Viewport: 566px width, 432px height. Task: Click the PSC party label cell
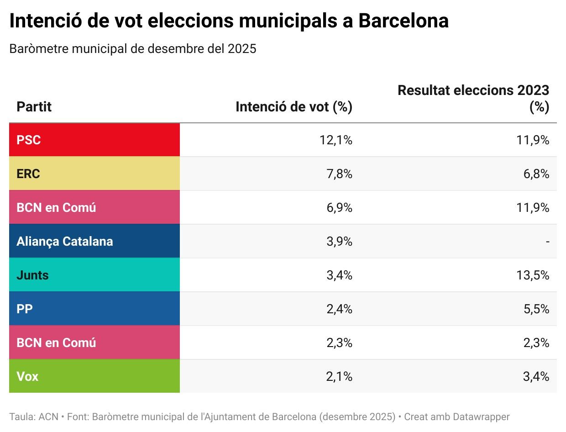(x=94, y=140)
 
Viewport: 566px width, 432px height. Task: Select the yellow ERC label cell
(x=94, y=174)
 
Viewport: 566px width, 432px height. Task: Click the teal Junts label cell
(x=94, y=275)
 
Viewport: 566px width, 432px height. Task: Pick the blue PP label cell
(x=94, y=309)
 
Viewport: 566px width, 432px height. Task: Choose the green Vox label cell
(x=94, y=376)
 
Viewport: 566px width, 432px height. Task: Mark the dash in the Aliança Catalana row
(x=547, y=242)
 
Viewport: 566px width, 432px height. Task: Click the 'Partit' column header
(x=34, y=107)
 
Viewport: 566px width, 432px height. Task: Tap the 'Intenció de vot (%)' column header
(x=294, y=107)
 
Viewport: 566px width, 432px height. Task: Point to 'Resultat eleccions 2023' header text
(x=473, y=90)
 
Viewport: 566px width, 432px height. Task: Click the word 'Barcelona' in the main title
(x=404, y=21)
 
